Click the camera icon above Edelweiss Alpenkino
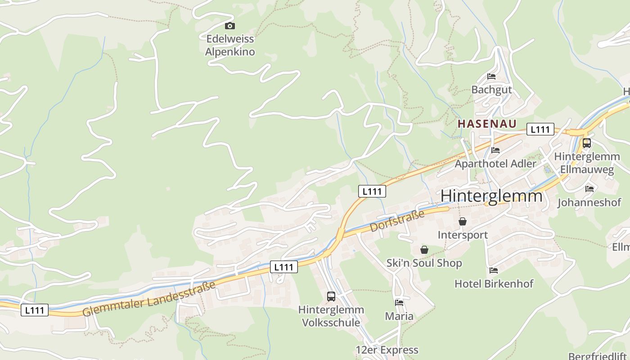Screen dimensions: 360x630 click(x=230, y=26)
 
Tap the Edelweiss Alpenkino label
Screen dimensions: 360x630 click(x=230, y=45)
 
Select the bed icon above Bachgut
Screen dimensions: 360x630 click(x=491, y=76)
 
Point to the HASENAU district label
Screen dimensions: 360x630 click(x=487, y=124)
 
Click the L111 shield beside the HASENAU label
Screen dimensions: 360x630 click(x=540, y=130)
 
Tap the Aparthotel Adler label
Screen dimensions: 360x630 click(x=495, y=163)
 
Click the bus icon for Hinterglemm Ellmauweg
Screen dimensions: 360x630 click(x=586, y=143)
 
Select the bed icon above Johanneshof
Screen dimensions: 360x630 click(x=589, y=189)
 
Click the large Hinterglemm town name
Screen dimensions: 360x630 click(x=491, y=196)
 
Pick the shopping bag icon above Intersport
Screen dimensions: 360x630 click(x=463, y=221)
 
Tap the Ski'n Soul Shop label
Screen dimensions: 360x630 click(x=424, y=263)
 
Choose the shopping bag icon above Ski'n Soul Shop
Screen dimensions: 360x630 click(x=424, y=250)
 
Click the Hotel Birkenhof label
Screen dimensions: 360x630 click(x=494, y=283)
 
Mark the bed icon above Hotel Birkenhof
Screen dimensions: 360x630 click(x=494, y=270)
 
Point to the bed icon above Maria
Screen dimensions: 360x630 click(x=399, y=303)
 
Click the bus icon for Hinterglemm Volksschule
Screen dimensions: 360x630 click(x=331, y=297)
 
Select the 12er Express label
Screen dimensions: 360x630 click(x=387, y=350)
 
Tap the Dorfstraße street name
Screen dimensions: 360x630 click(x=397, y=221)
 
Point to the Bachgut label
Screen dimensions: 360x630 click(x=491, y=90)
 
